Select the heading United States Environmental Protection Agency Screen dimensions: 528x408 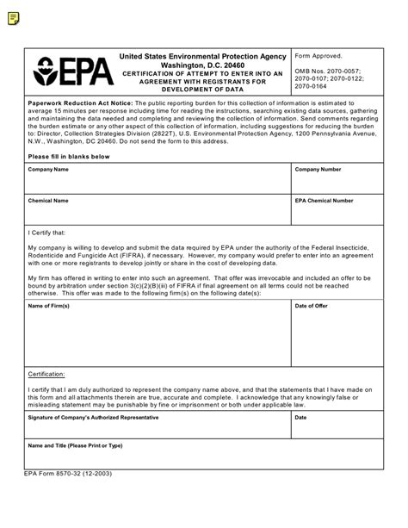coord(203,55)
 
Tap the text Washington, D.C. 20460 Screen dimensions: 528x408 coord(203,65)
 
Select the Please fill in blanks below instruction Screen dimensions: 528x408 coord(69,156)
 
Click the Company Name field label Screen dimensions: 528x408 coord(49,170)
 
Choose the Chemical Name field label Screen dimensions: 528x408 coord(49,201)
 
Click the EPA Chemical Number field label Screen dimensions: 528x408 coord(324,201)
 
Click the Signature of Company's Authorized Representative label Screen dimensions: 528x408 coord(93,417)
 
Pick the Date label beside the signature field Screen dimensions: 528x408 coord(301,417)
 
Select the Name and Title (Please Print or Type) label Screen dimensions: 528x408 coord(76,446)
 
